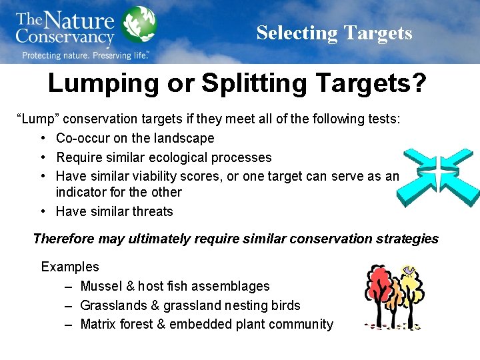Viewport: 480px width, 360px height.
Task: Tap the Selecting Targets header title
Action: point(334,33)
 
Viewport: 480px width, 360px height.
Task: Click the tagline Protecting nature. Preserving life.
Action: point(85,55)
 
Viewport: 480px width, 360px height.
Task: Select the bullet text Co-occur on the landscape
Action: point(135,138)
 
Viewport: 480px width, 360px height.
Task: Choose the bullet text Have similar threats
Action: point(114,211)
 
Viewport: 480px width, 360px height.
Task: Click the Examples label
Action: point(70,267)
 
